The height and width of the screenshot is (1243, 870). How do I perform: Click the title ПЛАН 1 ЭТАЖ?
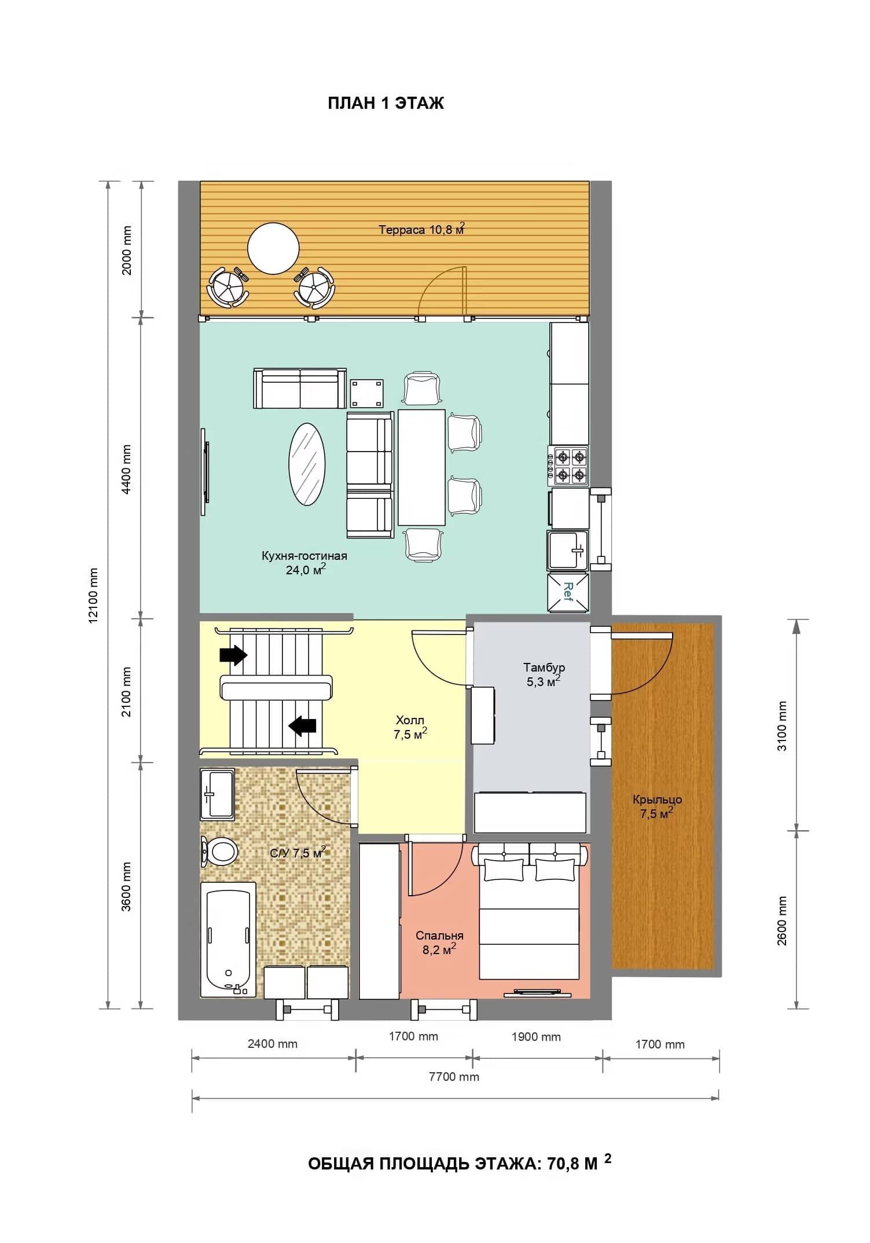point(386,103)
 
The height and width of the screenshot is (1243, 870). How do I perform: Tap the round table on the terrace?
point(273,248)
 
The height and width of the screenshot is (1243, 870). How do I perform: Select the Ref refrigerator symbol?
point(568,592)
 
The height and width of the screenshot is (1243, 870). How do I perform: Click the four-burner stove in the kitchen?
point(568,466)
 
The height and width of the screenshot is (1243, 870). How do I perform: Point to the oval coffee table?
point(307,464)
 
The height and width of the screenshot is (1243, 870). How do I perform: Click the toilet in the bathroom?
point(219,851)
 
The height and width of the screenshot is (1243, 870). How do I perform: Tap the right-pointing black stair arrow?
point(233,655)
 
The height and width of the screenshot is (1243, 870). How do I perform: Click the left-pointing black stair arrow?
point(302,725)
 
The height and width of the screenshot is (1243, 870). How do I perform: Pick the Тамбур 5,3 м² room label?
point(544,674)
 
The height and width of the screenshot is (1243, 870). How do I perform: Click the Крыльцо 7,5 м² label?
point(657,806)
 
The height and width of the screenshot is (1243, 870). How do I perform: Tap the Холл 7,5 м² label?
point(410,727)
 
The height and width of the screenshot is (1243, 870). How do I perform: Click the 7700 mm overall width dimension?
point(454,1077)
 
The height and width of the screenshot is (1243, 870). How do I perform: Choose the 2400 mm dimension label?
point(273,1044)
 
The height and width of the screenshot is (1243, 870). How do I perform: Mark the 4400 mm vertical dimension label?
point(127,469)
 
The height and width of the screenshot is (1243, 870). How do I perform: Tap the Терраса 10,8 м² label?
point(422,229)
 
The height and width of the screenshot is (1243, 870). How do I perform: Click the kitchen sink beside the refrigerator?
point(568,549)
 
